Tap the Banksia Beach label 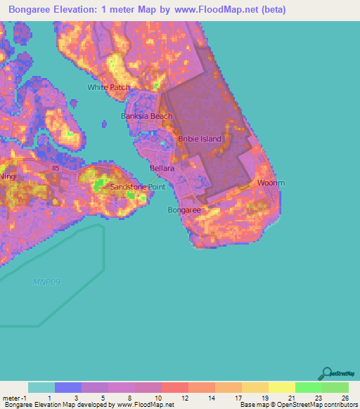point(147,116)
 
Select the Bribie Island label point(199,138)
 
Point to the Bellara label point(162,169)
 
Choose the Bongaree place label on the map point(184,209)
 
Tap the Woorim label point(270,183)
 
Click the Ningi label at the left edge point(7,176)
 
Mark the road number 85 point(55,168)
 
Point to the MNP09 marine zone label point(46,282)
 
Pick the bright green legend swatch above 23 point(309,387)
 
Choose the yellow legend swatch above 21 point(282,387)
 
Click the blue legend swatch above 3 point(68,387)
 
